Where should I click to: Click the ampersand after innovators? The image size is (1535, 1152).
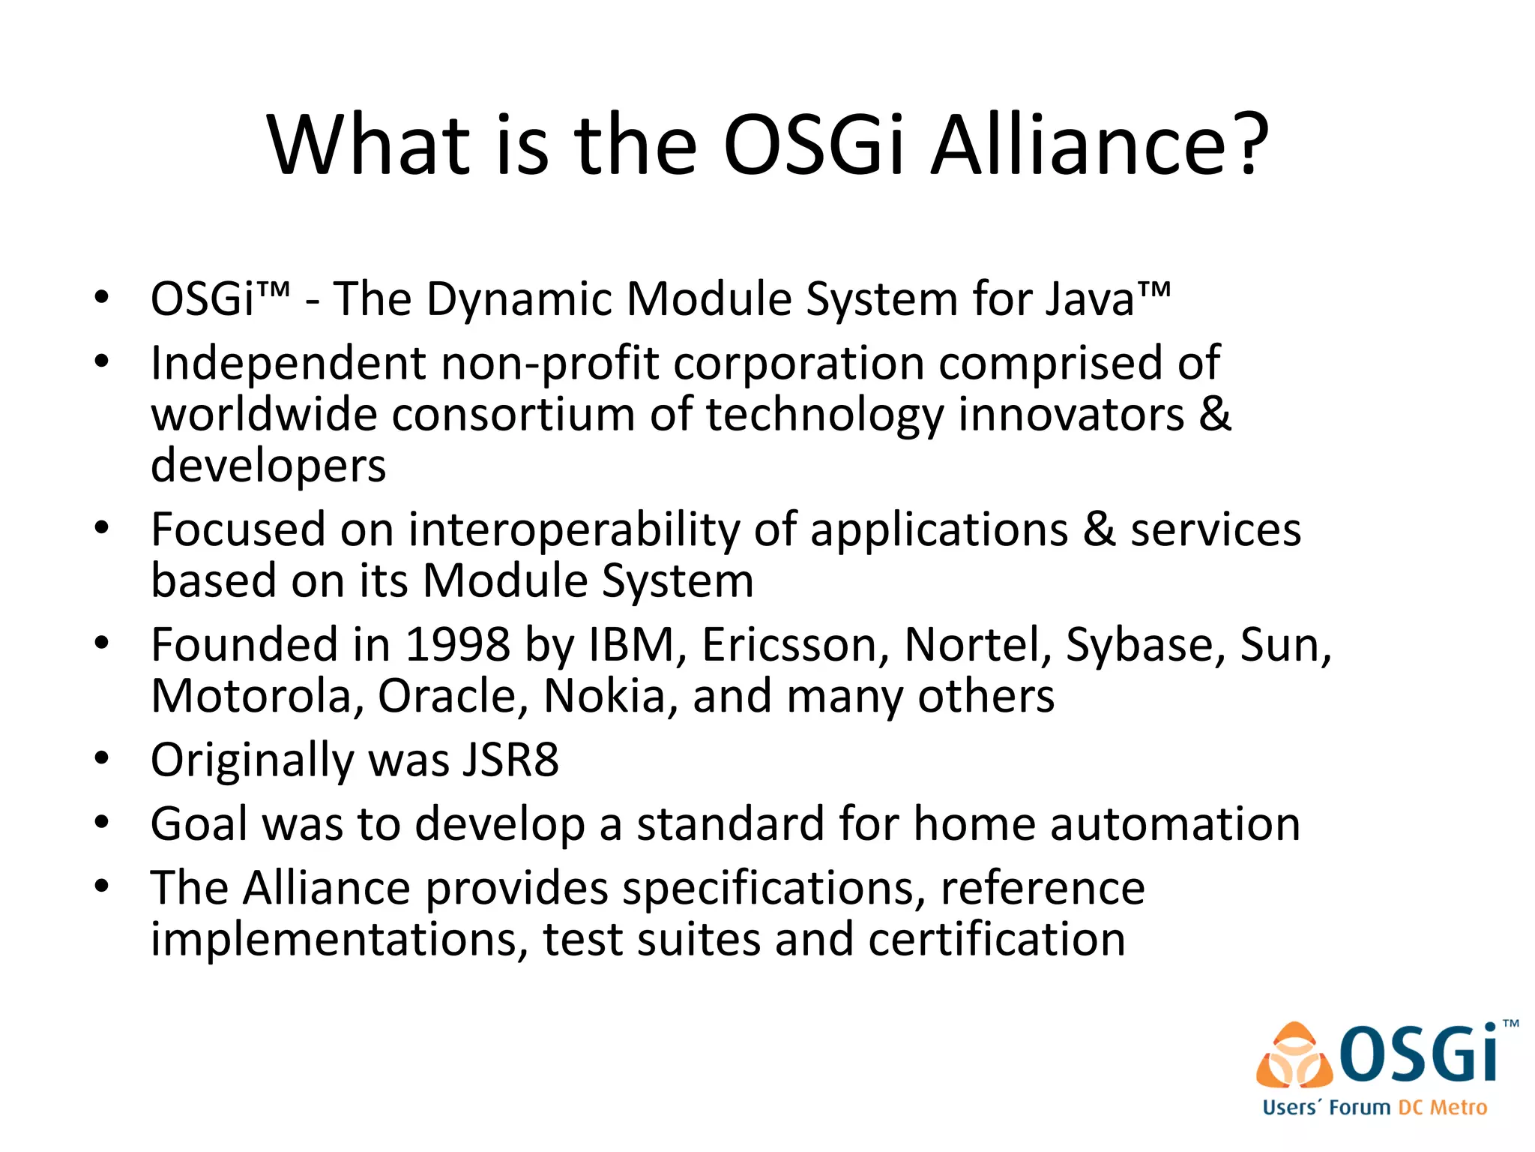pyautogui.click(x=1215, y=414)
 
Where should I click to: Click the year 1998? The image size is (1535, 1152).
pyautogui.click(x=458, y=645)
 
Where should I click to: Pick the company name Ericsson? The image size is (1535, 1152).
pyautogui.click(x=794, y=645)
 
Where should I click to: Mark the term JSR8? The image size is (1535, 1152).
pyautogui.click(x=510, y=760)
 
